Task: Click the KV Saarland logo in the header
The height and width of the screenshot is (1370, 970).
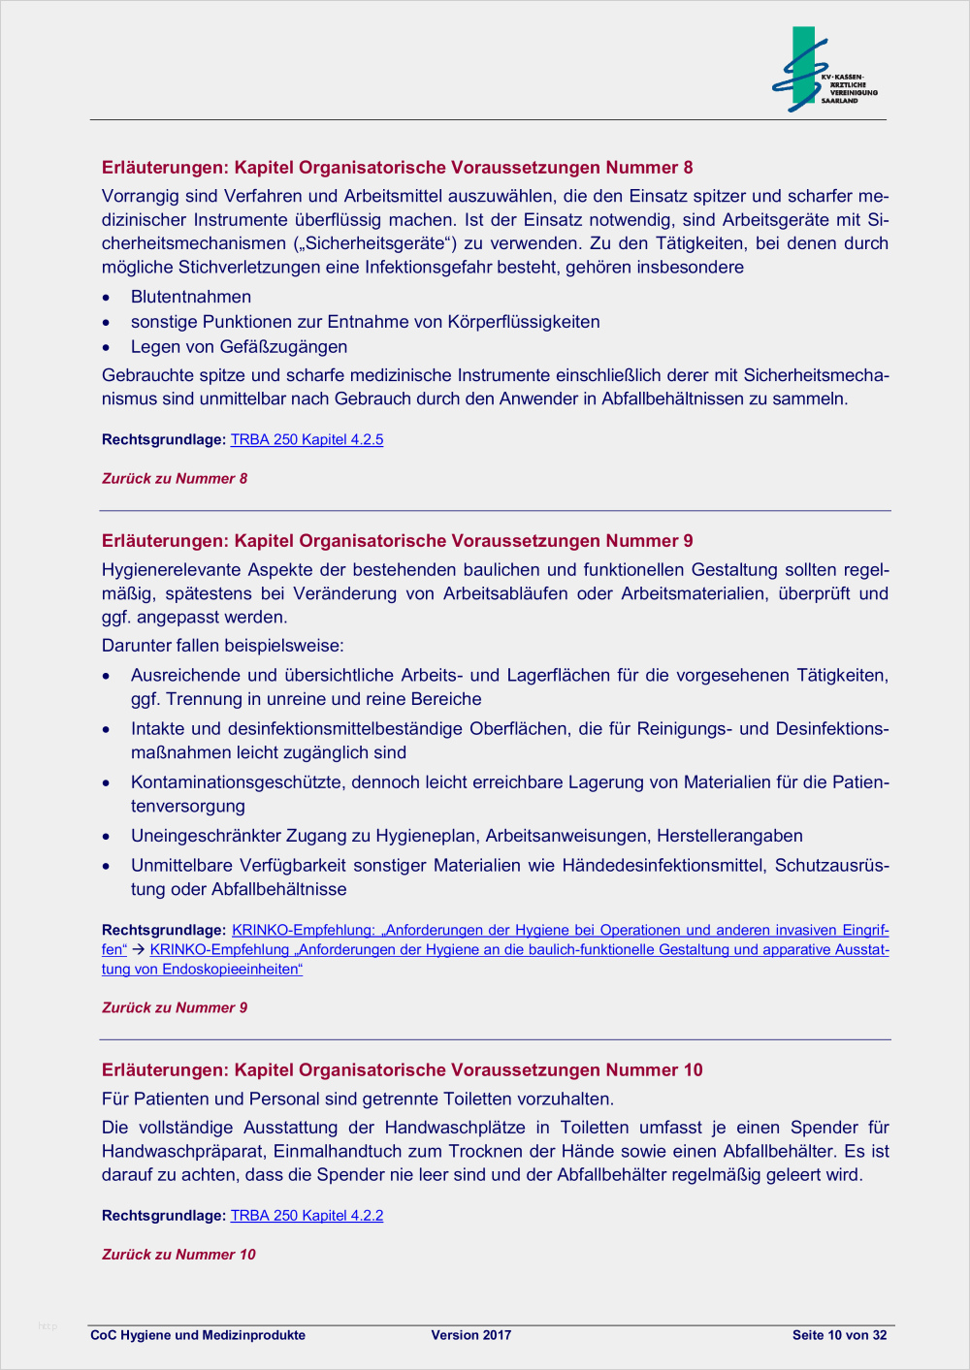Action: [x=824, y=71]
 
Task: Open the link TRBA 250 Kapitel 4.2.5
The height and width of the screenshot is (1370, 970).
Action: [x=307, y=439]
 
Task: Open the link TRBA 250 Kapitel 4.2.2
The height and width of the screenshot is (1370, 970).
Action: [x=307, y=1215]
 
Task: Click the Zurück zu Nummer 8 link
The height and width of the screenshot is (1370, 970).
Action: [x=175, y=478]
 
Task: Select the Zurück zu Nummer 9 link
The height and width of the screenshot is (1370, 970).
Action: [x=175, y=1007]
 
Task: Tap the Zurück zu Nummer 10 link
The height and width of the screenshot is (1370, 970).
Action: [x=178, y=1254]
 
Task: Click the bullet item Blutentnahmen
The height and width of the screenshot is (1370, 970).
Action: [x=191, y=297]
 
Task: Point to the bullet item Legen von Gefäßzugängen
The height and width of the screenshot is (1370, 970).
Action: [x=239, y=346]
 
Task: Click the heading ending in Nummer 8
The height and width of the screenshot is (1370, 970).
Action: [x=397, y=168]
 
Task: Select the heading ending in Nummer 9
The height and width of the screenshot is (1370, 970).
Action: [x=397, y=541]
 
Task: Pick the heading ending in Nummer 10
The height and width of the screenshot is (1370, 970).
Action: [x=402, y=1069]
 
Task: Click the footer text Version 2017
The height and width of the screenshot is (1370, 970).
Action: [x=470, y=1335]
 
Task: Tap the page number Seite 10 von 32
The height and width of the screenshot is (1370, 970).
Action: [x=839, y=1335]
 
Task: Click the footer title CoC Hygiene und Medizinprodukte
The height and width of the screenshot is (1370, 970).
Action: [x=198, y=1335]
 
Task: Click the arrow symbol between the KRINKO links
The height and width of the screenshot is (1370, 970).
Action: [x=138, y=950]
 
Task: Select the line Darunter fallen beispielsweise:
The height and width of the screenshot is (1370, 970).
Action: [x=223, y=646]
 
